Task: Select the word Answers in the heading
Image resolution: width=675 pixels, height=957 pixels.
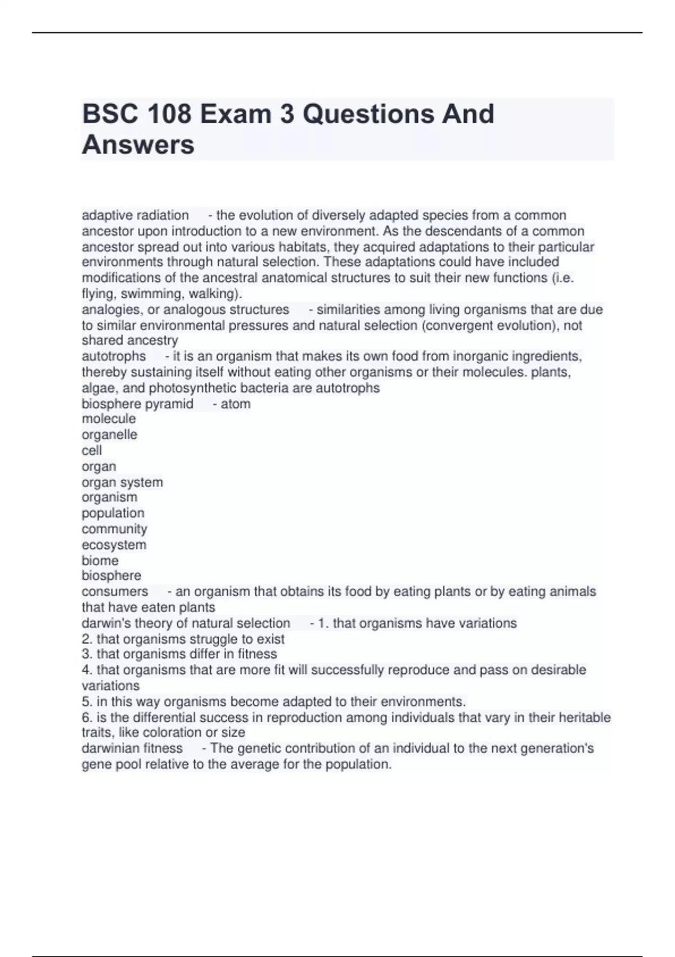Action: pos(138,145)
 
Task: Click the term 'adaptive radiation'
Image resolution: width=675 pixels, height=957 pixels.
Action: pos(135,216)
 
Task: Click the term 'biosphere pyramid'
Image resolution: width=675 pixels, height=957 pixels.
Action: pos(137,404)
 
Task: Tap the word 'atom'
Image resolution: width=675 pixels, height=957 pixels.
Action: pos(236,404)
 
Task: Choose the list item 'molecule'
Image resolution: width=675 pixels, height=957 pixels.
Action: pos(109,419)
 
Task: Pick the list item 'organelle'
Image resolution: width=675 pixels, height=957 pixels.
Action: pos(109,435)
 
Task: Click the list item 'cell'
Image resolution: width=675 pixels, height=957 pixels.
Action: pos(92,450)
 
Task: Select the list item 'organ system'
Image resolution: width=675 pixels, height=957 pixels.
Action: pos(122,482)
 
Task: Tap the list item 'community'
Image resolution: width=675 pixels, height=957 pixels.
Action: pos(114,529)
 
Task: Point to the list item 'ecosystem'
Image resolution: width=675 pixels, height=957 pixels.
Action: pos(114,545)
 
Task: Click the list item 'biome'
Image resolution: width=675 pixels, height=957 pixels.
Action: pos(100,561)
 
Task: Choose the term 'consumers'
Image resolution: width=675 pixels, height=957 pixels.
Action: pos(115,592)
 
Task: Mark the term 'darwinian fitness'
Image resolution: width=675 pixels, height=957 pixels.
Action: pos(132,749)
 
